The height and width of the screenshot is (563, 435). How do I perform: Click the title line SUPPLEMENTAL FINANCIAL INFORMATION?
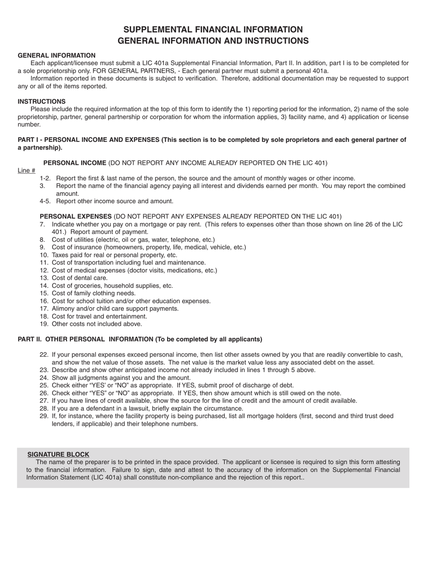pyautogui.click(x=213, y=30)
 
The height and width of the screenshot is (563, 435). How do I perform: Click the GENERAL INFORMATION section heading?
pyautogui.click(x=57, y=55)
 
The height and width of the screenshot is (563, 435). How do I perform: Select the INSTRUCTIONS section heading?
pyautogui.click(x=42, y=102)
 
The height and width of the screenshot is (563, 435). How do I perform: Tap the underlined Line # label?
pyautogui.click(x=27, y=171)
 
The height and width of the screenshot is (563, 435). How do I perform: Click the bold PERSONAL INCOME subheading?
pyautogui.click(x=75, y=163)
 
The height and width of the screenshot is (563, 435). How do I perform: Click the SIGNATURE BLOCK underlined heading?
pyautogui.click(x=58, y=455)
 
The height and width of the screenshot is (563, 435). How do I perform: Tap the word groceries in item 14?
pyautogui.click(x=86, y=286)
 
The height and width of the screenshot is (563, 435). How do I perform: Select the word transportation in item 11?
pyautogui.click(x=93, y=263)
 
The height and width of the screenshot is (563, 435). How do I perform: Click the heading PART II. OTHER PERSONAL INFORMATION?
pyautogui.click(x=140, y=339)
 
